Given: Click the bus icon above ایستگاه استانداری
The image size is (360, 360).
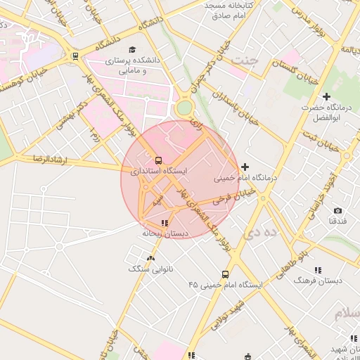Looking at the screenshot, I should (x=157, y=160).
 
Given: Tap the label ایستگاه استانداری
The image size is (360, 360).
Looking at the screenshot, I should (x=162, y=171).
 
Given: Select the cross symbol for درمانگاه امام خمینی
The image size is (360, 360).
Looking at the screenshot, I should (x=245, y=167).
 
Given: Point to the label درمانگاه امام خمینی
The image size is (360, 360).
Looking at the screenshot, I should (x=246, y=178).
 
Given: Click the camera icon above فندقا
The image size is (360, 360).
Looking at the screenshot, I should (x=337, y=210).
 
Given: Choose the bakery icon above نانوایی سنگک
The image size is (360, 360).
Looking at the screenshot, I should (x=151, y=258).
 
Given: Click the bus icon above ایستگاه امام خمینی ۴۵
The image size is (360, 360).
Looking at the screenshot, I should (x=225, y=274).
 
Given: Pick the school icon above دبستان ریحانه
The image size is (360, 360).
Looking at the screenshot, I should (x=165, y=223).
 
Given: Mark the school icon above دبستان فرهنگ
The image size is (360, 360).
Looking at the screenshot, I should (x=318, y=269).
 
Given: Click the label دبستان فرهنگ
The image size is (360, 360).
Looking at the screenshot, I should (x=318, y=280).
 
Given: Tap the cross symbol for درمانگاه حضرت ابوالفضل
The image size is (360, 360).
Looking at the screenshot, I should (x=326, y=96).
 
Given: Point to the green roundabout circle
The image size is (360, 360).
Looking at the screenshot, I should (x=184, y=108).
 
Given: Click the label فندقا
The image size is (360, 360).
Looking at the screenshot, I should (x=337, y=221).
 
